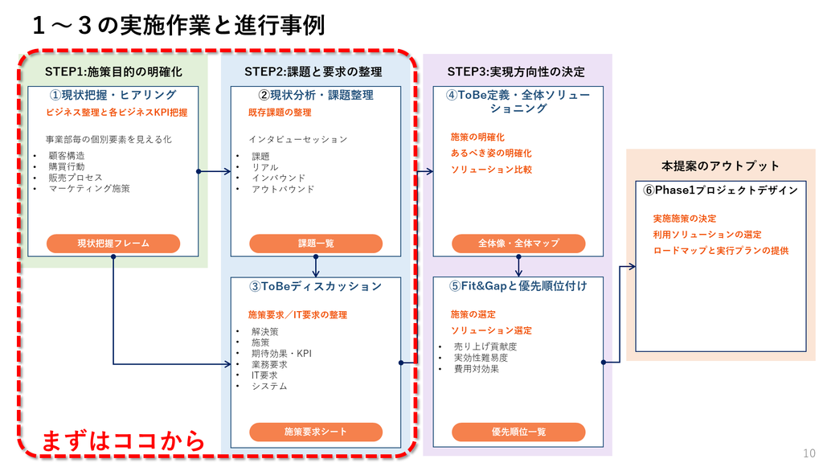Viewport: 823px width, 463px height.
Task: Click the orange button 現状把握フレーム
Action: tap(113, 244)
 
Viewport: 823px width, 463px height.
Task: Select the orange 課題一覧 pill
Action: tap(316, 244)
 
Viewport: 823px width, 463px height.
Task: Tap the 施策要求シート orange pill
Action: tap(316, 432)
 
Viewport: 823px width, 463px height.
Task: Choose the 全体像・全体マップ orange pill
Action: tap(518, 244)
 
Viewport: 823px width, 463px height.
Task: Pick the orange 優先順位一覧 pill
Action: tap(518, 432)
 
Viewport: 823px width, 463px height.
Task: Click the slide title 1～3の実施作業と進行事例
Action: tap(178, 25)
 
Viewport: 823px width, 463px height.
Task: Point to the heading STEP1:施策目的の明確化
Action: tap(113, 72)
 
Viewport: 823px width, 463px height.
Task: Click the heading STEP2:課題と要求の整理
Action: tap(313, 72)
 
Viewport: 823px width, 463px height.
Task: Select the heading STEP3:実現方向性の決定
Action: tap(516, 72)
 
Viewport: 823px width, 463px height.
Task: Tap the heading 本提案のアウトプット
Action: tap(720, 166)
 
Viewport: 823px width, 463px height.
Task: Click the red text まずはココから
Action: tap(123, 440)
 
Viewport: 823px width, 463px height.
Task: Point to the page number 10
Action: tap(809, 453)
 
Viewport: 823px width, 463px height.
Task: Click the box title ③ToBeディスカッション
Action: tap(315, 287)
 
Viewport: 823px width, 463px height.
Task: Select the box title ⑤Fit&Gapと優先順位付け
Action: tap(518, 286)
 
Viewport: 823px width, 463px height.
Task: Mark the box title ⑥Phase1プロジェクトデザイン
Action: tap(721, 190)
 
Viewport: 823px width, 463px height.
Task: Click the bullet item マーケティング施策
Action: tap(89, 188)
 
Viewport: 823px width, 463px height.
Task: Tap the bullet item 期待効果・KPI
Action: tap(281, 354)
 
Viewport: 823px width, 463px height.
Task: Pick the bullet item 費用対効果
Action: tap(477, 368)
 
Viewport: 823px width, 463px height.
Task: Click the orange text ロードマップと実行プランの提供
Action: tap(721, 251)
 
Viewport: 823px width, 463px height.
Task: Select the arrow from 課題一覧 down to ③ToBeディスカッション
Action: tap(315, 267)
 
